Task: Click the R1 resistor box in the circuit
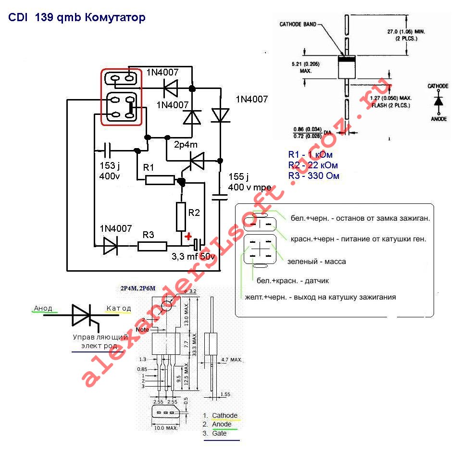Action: pos(160,180)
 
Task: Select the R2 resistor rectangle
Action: pos(181,217)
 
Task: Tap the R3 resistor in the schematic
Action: pos(152,246)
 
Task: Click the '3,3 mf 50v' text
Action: pos(193,257)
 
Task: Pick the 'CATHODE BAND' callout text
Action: pos(298,24)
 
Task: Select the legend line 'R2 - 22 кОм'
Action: pos(310,165)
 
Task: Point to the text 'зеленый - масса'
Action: pos(316,262)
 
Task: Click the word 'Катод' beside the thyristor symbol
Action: pos(118,308)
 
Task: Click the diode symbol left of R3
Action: pos(110,246)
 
